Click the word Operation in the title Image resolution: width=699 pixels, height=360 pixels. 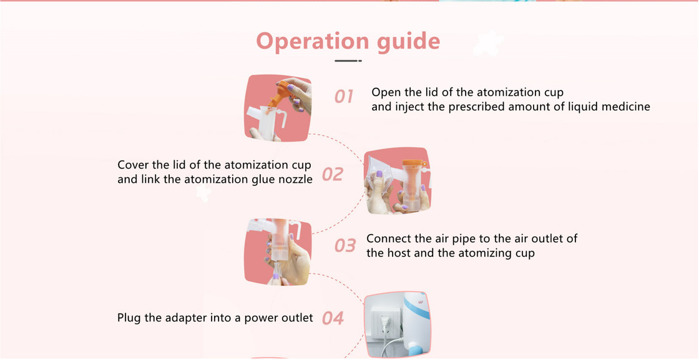click(x=313, y=41)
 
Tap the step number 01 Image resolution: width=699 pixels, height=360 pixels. click(x=344, y=96)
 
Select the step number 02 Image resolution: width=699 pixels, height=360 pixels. click(x=333, y=174)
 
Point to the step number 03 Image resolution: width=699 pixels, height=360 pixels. click(x=345, y=245)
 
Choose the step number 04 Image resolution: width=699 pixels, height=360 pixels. click(x=333, y=318)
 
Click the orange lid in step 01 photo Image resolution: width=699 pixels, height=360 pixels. click(x=281, y=93)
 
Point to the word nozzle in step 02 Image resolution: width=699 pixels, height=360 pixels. click(x=293, y=180)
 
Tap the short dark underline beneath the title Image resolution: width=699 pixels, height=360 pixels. click(x=348, y=61)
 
